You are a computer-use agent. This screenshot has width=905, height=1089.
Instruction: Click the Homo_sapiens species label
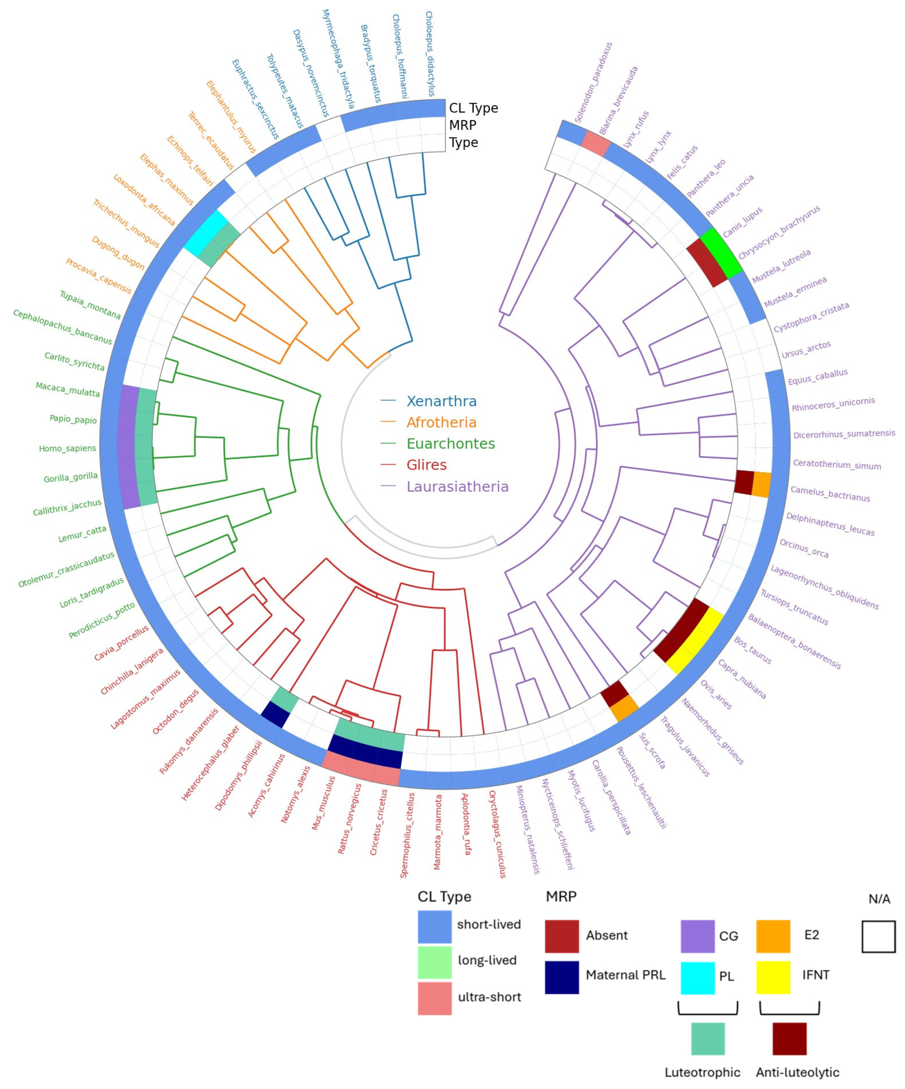[x=67, y=448]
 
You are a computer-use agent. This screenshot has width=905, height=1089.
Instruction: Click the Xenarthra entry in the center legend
[x=441, y=401]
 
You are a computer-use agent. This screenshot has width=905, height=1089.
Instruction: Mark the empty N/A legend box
[x=878, y=937]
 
